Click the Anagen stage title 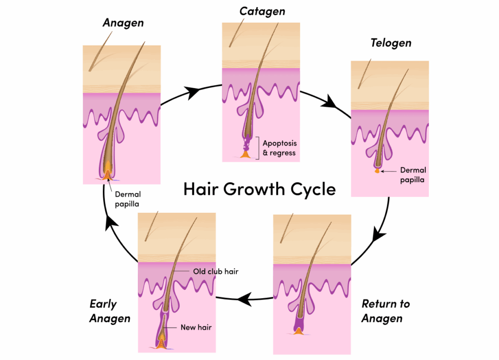[x=123, y=23]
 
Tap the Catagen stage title [x=262, y=12]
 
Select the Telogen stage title [x=391, y=43]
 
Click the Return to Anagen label [x=386, y=311]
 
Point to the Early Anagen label [x=110, y=311]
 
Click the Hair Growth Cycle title [x=260, y=189]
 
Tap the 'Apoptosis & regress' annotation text [x=279, y=148]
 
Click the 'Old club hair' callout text [x=216, y=271]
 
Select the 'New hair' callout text [x=196, y=327]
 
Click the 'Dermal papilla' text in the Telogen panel [x=413, y=175]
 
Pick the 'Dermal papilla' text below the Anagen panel [x=128, y=199]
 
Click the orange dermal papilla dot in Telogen [x=377, y=171]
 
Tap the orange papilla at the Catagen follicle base [x=246, y=154]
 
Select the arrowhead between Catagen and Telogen [x=329, y=102]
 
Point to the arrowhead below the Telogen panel [x=378, y=234]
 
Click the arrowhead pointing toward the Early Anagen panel [x=245, y=299]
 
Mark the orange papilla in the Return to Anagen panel [x=298, y=331]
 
